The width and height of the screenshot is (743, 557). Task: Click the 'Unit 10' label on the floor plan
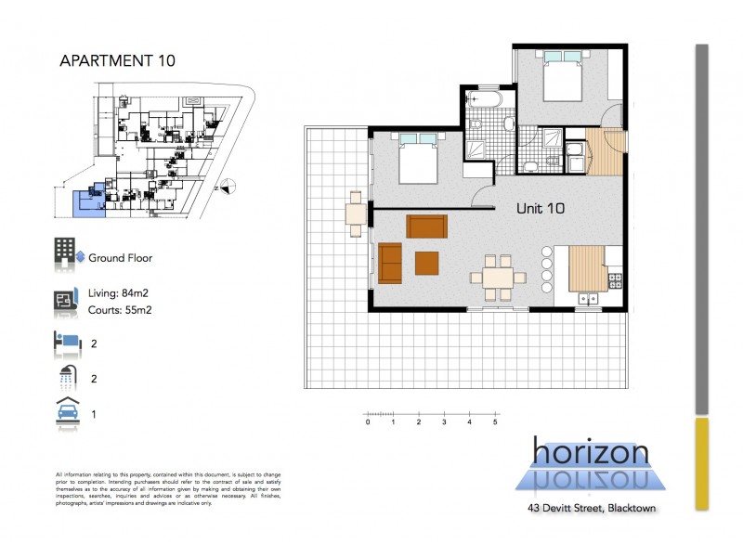(540, 209)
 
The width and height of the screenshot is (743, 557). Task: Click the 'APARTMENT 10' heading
(117, 61)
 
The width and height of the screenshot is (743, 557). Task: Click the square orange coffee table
(426, 262)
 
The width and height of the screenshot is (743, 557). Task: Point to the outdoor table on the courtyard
(356, 213)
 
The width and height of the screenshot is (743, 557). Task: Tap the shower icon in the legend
(65, 377)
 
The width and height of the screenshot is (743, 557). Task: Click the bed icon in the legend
(65, 342)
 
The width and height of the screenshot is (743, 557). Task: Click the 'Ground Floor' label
(120, 258)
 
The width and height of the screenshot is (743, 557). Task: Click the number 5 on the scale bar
(496, 422)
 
